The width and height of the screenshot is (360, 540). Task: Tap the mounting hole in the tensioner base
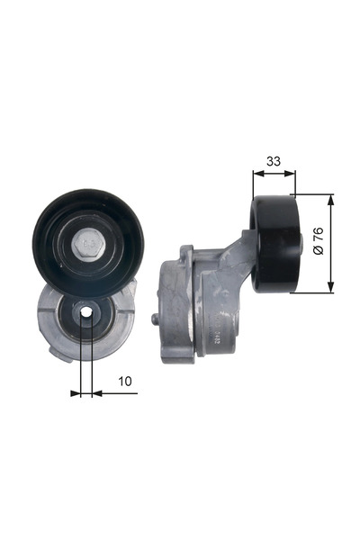pyautogui.click(x=86, y=314)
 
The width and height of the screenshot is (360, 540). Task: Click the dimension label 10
pyautogui.click(x=125, y=382)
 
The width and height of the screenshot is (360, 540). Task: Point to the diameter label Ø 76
pyautogui.click(x=317, y=243)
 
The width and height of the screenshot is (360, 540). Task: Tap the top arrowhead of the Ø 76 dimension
pyautogui.click(x=330, y=199)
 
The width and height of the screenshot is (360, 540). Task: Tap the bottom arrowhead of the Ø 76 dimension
pyautogui.click(x=330, y=289)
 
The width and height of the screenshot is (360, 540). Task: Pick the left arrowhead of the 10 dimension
pyautogui.click(x=76, y=392)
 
